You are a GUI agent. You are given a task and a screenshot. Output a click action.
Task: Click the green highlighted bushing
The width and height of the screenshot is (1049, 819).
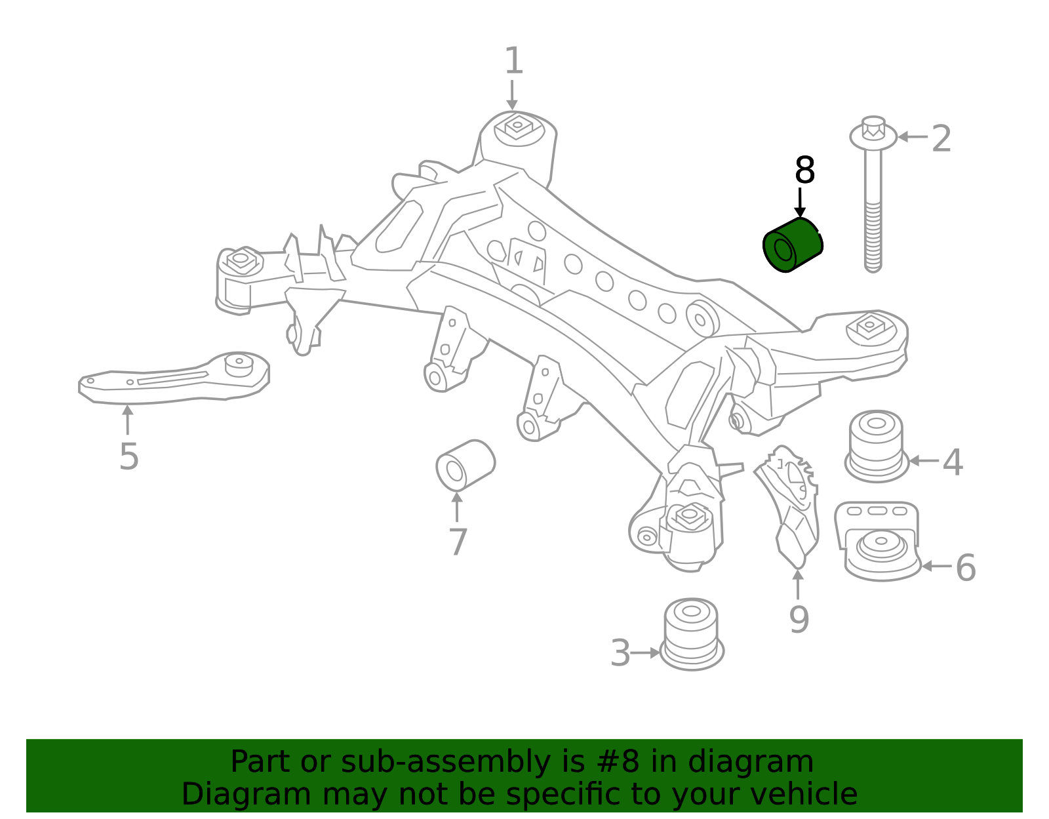click(793, 245)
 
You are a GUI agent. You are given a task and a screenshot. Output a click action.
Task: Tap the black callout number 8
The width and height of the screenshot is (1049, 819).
click(804, 171)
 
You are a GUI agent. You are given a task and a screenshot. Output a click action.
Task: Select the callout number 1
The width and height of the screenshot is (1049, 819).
click(513, 62)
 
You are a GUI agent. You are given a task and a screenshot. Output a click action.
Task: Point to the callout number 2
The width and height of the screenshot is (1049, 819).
click(941, 139)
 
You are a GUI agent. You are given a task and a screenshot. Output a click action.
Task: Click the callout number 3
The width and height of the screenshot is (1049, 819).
click(620, 654)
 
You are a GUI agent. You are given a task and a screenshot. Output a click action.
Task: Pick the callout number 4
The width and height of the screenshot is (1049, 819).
click(953, 462)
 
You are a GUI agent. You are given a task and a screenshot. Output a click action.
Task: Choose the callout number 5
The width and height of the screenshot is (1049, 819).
click(129, 456)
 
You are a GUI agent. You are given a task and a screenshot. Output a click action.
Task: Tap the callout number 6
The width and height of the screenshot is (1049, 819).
click(966, 568)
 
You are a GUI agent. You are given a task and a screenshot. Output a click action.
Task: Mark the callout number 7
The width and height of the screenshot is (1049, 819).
click(458, 542)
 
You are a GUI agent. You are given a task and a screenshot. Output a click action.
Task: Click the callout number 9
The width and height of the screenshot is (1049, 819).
click(799, 620)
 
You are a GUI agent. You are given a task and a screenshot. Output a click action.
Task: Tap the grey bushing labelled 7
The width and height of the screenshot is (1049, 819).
click(465, 465)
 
